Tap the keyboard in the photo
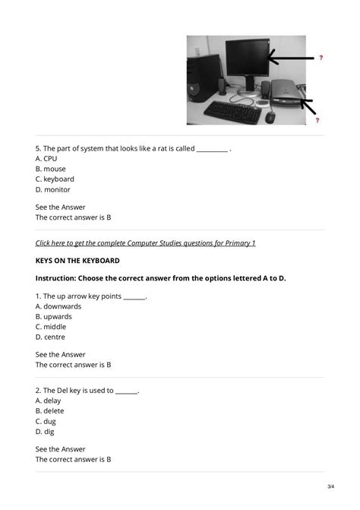coord(231,111)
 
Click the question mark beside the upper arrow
coord(320,58)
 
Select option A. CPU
coord(46,159)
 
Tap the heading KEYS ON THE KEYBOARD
coord(77,261)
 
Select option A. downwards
coord(58,306)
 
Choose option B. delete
coord(49,410)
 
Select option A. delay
coord(48,401)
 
